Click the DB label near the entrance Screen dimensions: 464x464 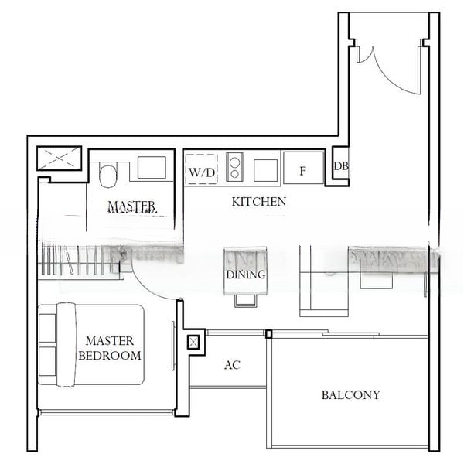[x=339, y=166]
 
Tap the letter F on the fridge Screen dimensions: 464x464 [x=302, y=171]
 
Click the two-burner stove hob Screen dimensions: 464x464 [x=234, y=168]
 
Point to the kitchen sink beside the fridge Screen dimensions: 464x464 [x=266, y=169]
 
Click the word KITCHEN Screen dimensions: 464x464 [x=259, y=202]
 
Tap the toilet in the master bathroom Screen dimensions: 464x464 [x=108, y=174]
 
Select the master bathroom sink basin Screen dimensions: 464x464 [x=152, y=168]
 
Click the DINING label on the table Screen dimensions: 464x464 [x=246, y=275]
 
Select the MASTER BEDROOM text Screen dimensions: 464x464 [x=110, y=348]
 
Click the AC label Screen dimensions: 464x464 [x=231, y=365]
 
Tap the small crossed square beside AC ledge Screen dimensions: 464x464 [x=193, y=341]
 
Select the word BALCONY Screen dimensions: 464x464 [x=350, y=395]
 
